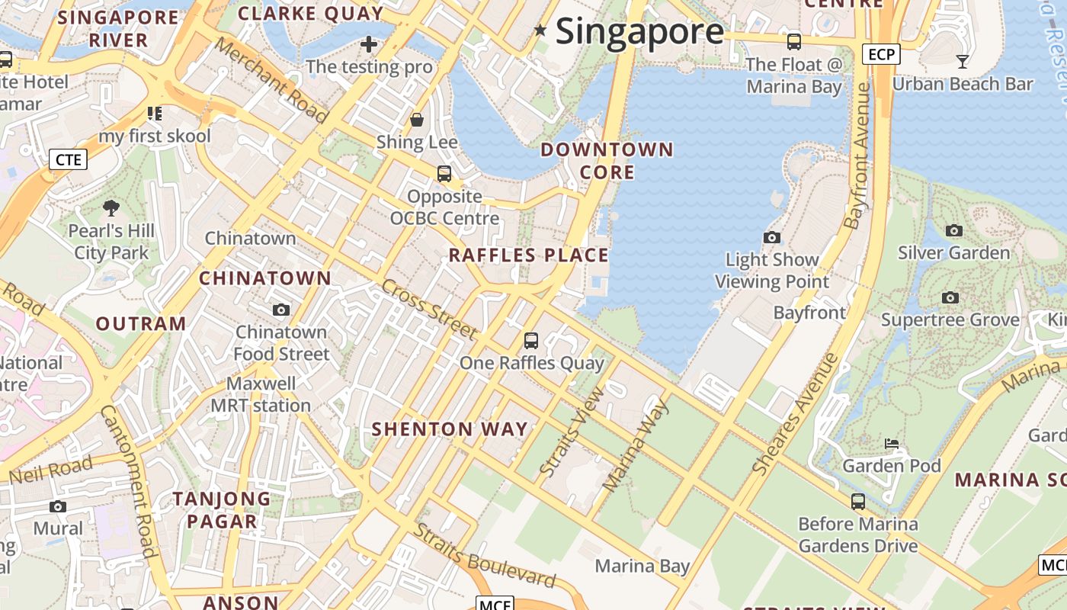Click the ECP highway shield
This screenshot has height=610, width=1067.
pos(881,54)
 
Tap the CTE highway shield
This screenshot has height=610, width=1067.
pos(68,159)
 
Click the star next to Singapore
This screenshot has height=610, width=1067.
pos(540,30)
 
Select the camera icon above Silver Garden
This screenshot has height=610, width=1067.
pos(953,230)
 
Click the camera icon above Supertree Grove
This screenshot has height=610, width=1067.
pos(950,297)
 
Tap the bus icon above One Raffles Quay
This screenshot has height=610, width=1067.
pos(531,340)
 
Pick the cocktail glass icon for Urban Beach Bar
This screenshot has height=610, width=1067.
pos(963,62)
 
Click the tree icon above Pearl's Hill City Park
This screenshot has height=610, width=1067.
pos(111,207)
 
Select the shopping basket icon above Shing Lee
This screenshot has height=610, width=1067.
pos(417,120)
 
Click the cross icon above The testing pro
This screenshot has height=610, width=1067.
pos(369,44)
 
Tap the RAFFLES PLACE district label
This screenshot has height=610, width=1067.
pos(528,255)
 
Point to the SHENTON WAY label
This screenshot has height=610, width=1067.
pos(450,429)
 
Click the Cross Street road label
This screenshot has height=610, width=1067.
pos(429,309)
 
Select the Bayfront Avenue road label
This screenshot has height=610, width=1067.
pos(859,156)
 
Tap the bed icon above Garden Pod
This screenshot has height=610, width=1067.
pos(892,443)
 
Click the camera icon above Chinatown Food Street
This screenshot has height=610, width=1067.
pos(281,310)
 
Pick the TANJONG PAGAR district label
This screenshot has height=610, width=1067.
pos(222,510)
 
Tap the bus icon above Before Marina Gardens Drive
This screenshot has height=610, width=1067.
pos(858,501)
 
